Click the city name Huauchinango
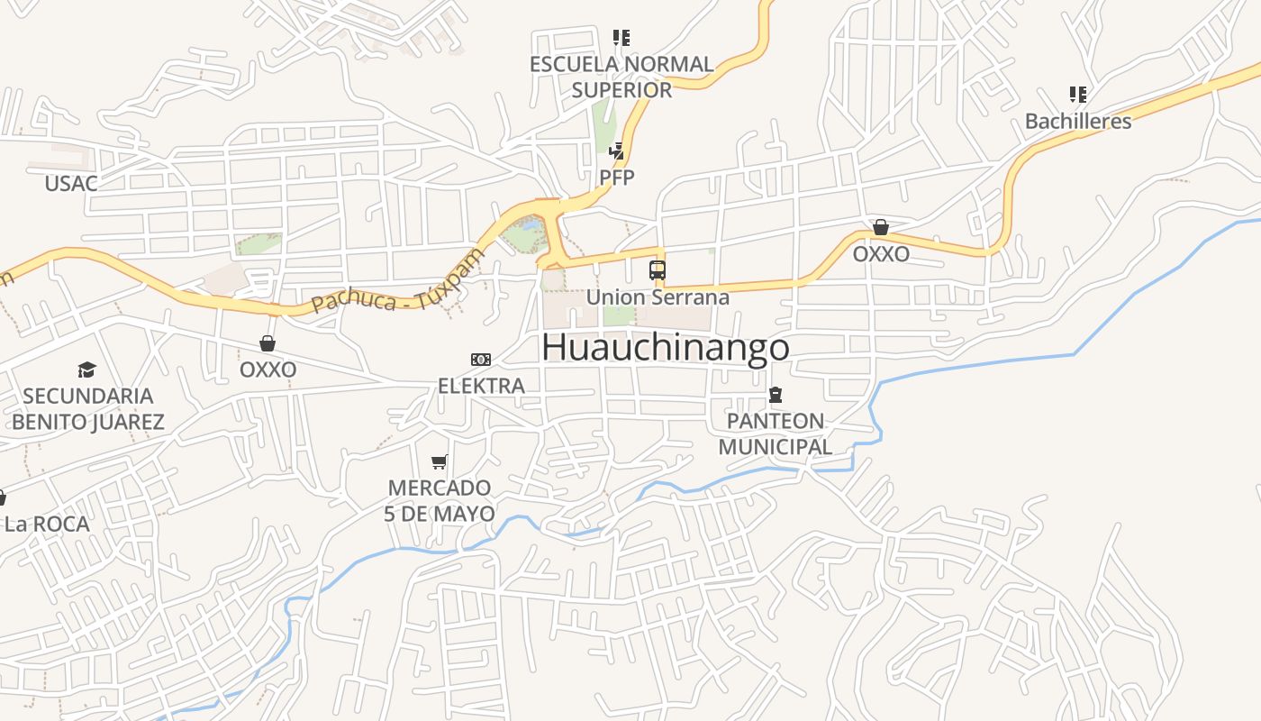(666, 347)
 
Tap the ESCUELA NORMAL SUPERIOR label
(621, 77)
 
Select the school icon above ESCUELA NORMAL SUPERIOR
(621, 38)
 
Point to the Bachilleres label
(1078, 121)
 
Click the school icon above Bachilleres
(1077, 94)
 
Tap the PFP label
(617, 178)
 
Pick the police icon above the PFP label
(617, 151)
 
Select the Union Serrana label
(658, 297)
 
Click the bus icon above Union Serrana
(658, 269)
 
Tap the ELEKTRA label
(481, 386)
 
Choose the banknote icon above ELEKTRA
(481, 360)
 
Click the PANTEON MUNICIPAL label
(776, 434)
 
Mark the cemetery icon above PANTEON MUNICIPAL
(776, 395)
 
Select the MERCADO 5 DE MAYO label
(440, 501)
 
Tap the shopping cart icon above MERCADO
(440, 462)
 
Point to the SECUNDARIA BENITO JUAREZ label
(88, 408)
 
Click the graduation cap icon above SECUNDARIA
(86, 370)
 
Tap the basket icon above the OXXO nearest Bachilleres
(881, 227)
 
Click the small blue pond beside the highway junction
(532, 225)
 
